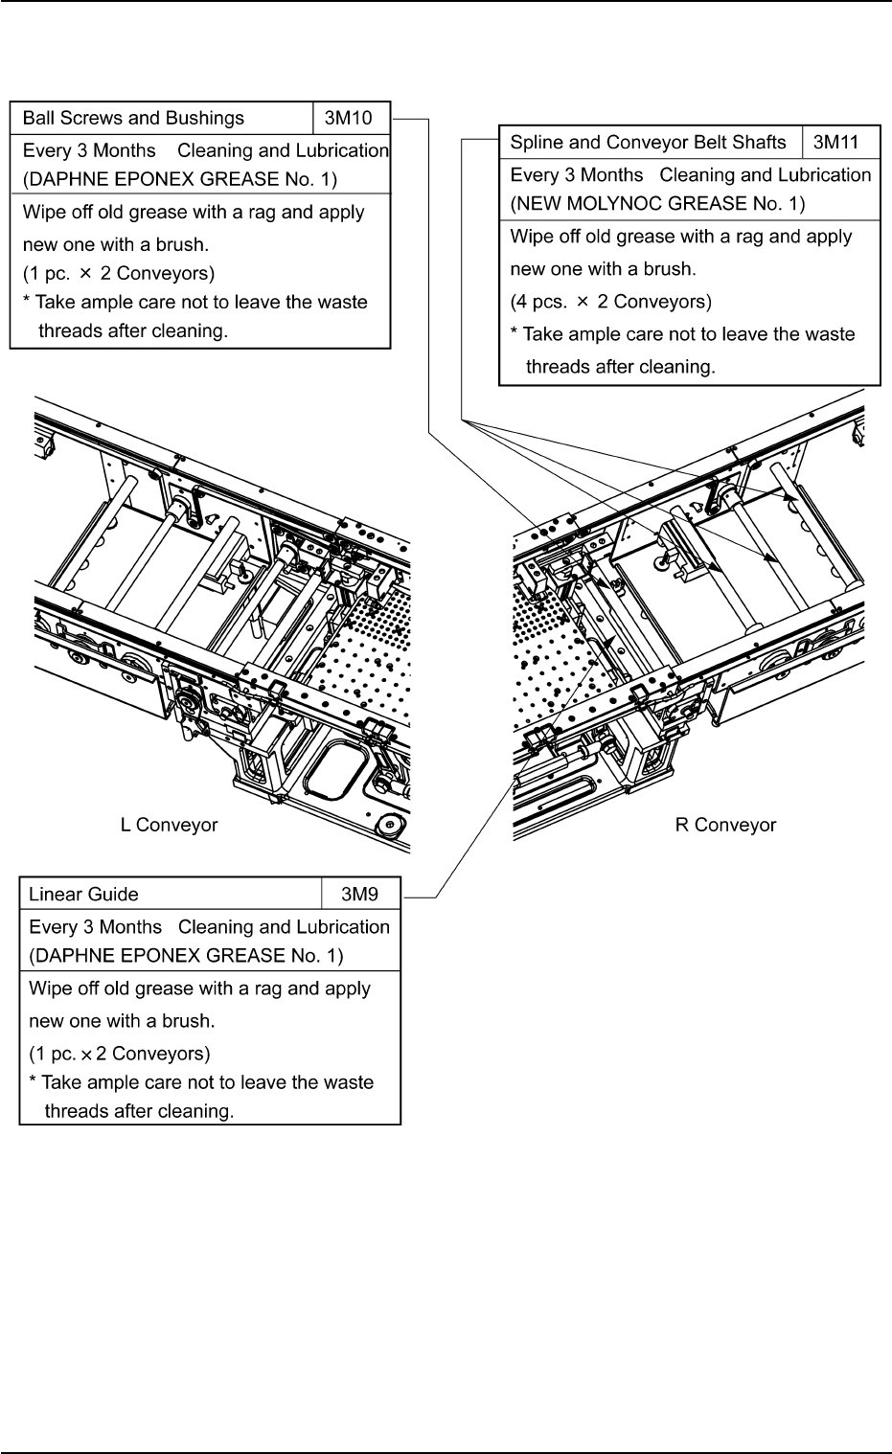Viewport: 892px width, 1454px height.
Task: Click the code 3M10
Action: pyautogui.click(x=351, y=119)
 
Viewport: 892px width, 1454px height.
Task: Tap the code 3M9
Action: pyautogui.click(x=360, y=895)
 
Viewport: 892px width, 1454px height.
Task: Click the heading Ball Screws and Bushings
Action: pyautogui.click(x=133, y=119)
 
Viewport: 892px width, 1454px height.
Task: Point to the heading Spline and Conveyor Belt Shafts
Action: pyautogui.click(x=648, y=143)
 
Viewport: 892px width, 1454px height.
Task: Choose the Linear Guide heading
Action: pyautogui.click(x=83, y=895)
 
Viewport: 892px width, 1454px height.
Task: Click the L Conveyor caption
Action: pyautogui.click(x=169, y=825)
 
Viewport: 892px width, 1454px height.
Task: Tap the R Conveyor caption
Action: pyautogui.click(x=725, y=825)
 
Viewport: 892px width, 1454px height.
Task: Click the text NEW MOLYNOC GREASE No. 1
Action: pyautogui.click(x=657, y=203)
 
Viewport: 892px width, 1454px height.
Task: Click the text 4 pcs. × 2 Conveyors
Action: pyautogui.click(x=610, y=302)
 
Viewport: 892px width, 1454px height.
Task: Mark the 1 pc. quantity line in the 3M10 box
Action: pyautogui.click(x=118, y=273)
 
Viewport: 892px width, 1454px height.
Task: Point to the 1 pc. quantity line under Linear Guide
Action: pyautogui.click(x=119, y=1054)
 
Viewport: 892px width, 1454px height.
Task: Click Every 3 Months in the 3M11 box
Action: pyautogui.click(x=577, y=175)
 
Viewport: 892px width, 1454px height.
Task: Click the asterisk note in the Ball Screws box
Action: pyautogui.click(x=194, y=316)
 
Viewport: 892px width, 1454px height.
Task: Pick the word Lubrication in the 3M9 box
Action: pyautogui.click(x=338, y=927)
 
